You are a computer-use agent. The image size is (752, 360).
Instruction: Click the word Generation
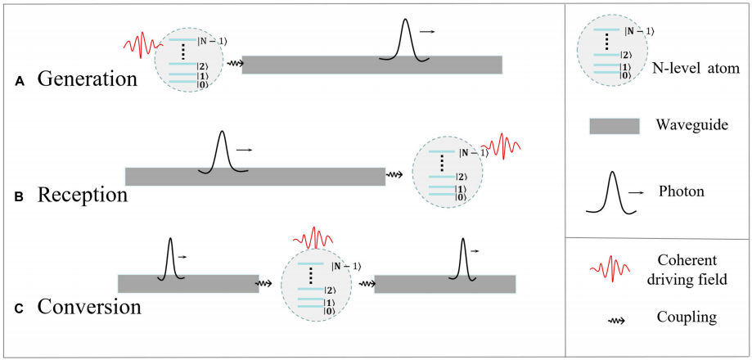click(x=88, y=79)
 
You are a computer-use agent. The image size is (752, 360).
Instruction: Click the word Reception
click(x=83, y=196)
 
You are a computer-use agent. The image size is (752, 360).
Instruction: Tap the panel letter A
click(x=20, y=81)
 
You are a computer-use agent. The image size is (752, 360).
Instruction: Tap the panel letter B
click(x=20, y=197)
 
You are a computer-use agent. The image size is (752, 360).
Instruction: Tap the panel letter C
click(x=20, y=308)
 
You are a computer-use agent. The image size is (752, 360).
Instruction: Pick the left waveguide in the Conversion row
click(x=188, y=283)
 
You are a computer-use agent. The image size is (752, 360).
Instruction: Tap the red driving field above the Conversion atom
click(x=314, y=238)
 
